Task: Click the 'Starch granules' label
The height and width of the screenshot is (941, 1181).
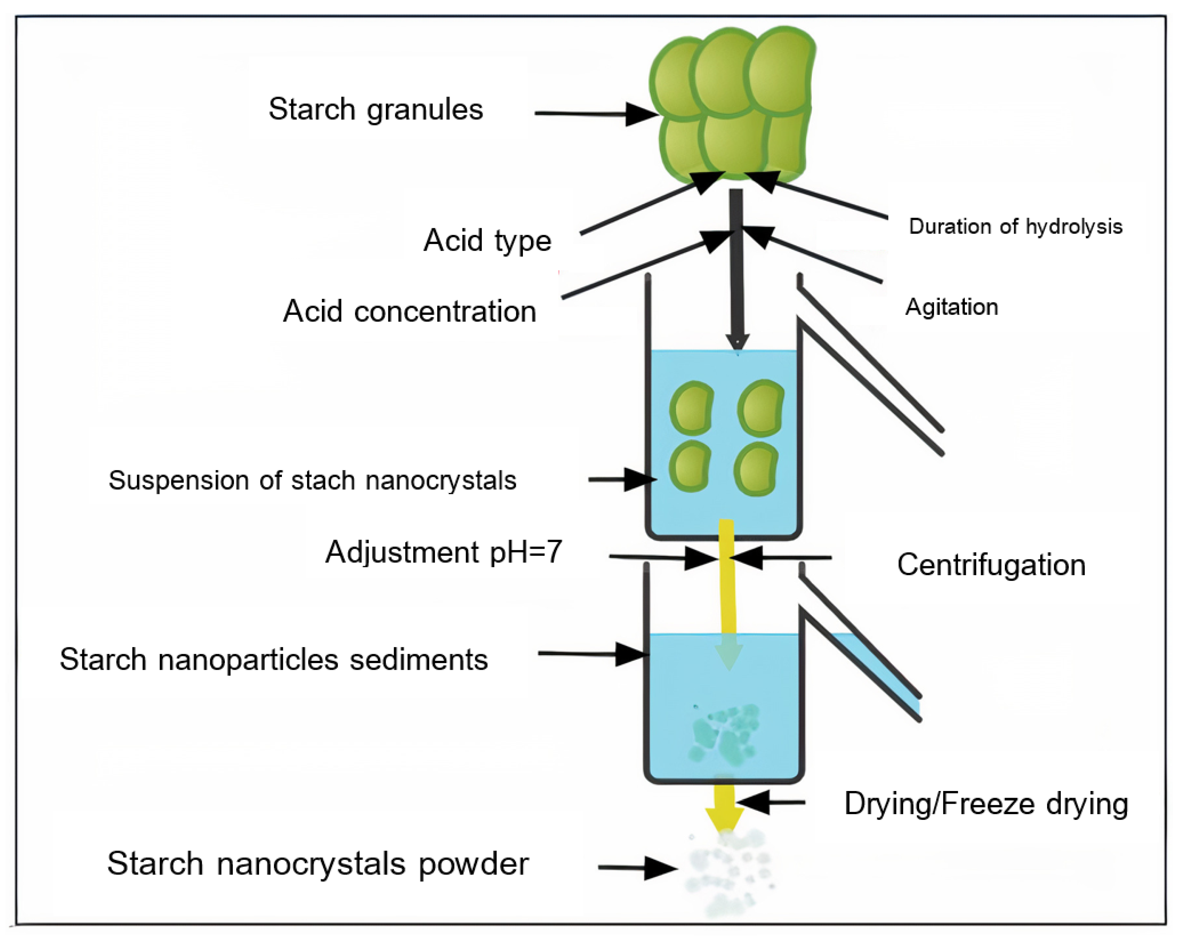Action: point(376,109)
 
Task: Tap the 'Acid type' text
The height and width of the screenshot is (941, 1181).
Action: point(487,241)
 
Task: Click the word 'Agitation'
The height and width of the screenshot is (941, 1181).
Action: point(951,307)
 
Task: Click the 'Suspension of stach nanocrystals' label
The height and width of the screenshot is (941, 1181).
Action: point(312,480)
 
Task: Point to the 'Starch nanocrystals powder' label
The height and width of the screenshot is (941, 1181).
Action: point(318,864)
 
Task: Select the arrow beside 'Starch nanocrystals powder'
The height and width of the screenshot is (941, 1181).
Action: point(638,868)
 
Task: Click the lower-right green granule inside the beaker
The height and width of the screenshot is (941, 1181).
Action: point(756,469)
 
